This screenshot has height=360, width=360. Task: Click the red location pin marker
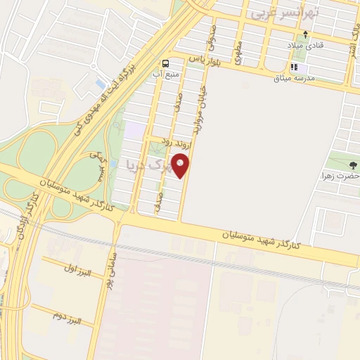pos(181,166)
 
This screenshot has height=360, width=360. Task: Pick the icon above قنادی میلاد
pos(304,34)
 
